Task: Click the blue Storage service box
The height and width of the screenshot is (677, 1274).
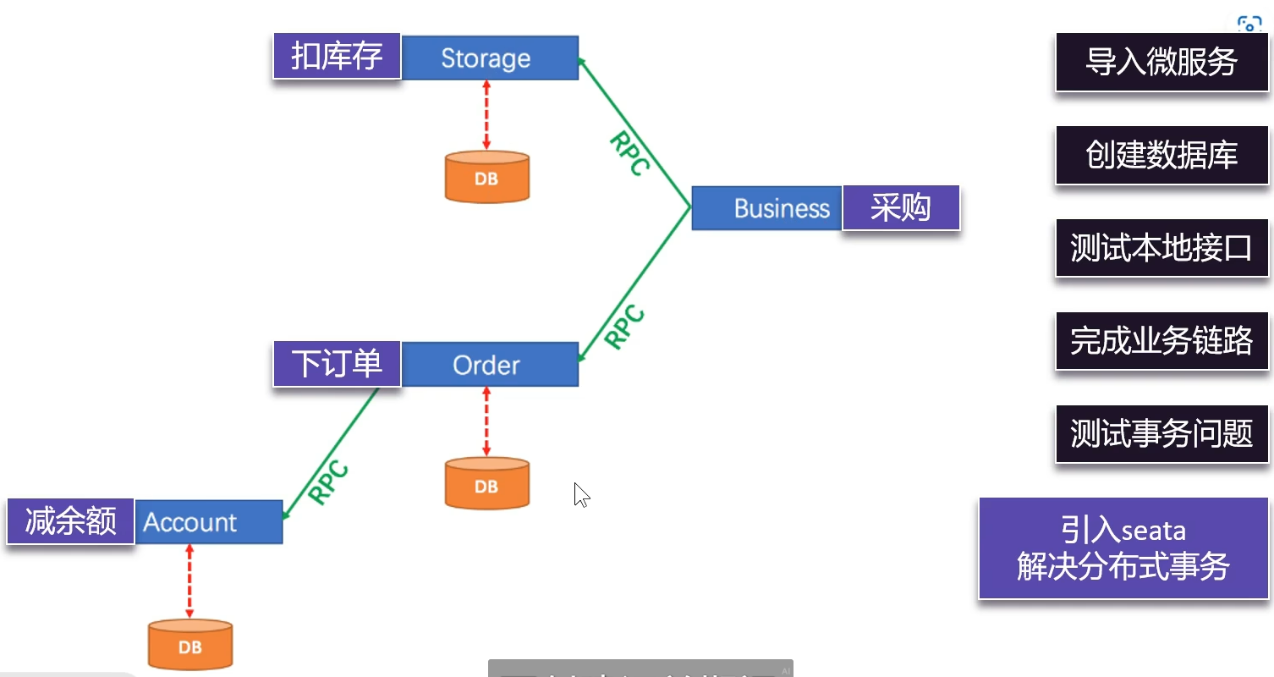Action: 490,58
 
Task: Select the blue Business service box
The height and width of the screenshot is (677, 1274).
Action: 766,208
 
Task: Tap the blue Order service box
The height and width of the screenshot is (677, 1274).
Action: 490,365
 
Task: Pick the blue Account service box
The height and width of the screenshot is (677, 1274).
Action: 208,522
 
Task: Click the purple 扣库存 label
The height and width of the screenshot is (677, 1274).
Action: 337,57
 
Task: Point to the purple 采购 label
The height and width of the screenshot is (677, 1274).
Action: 901,208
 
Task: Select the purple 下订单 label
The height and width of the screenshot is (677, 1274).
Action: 337,364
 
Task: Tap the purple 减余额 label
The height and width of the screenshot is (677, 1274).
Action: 70,521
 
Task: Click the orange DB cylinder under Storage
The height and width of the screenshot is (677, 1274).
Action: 486,177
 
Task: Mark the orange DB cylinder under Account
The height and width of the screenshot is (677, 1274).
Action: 189,645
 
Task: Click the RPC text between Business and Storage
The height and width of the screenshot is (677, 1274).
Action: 629,152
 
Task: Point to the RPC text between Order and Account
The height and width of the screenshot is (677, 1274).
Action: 328,482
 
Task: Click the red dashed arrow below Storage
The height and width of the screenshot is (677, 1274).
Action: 486,115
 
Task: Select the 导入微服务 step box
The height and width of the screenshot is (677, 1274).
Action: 1161,63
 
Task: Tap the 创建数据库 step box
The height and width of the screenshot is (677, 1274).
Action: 1161,155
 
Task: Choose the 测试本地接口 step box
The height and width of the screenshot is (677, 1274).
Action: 1161,248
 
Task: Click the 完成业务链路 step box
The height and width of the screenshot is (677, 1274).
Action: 1161,341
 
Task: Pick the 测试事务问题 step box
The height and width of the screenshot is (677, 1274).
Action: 1161,434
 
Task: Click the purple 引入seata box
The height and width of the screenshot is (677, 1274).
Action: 1123,548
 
